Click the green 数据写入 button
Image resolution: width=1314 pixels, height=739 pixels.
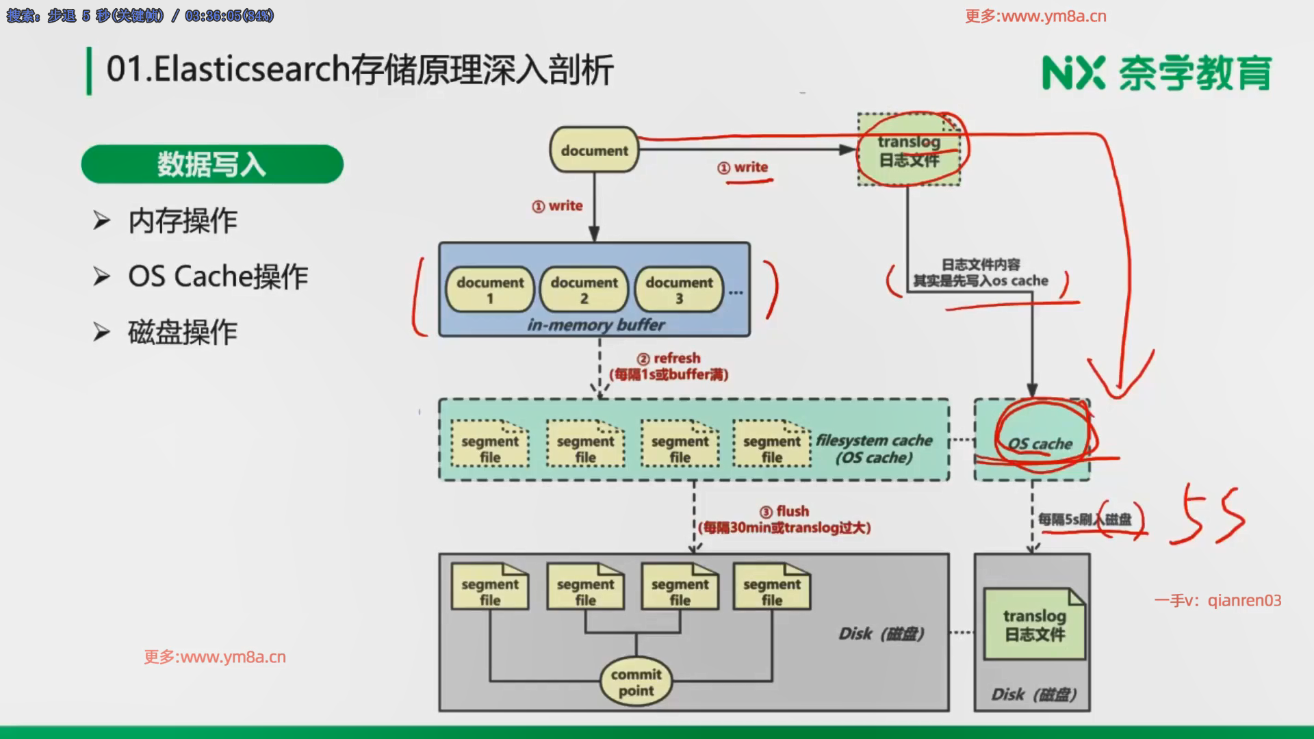click(211, 164)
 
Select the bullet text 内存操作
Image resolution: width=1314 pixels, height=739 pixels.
click(182, 221)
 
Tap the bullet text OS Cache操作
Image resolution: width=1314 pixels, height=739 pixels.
click(218, 276)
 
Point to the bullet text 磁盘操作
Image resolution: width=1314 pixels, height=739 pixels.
click(182, 333)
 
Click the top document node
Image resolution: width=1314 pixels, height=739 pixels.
click(594, 150)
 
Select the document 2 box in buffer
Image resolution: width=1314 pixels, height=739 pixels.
click(584, 289)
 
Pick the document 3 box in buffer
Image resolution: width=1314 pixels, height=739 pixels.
click(679, 289)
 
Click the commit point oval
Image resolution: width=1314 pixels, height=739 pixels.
click(636, 682)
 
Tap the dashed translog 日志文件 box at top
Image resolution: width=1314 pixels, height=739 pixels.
click(909, 151)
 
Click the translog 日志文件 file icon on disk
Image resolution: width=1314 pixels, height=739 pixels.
click(1034, 625)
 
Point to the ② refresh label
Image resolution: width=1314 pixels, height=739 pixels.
click(669, 359)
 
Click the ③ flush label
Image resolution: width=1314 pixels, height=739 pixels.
click(784, 512)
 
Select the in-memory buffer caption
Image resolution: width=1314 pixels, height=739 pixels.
click(595, 325)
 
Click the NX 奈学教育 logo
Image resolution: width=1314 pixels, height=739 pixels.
click(1157, 73)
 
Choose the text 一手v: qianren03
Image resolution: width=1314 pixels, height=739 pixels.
click(1218, 601)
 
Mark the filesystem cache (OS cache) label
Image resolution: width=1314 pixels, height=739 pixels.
click(874, 449)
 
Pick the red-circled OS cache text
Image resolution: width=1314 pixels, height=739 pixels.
click(1040, 443)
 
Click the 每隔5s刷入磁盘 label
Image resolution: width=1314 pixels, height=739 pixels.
click(1084, 519)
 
